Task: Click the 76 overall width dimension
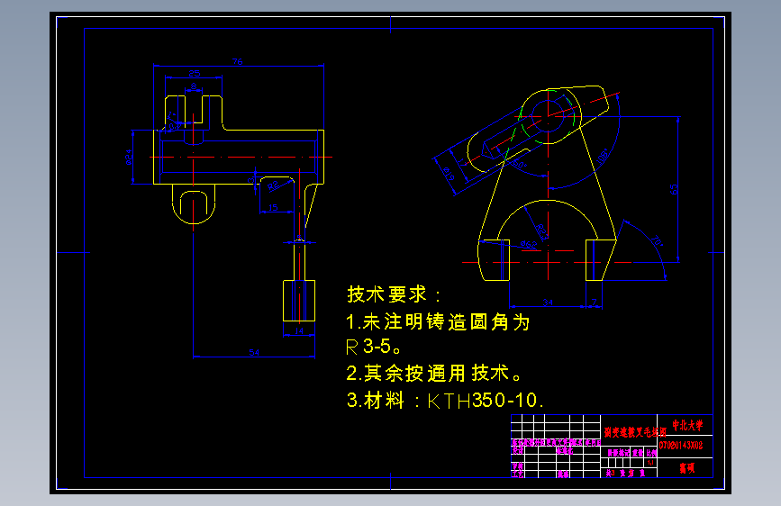pyautogui.click(x=238, y=61)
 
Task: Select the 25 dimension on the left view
pyautogui.click(x=193, y=71)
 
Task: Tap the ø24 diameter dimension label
pyautogui.click(x=130, y=158)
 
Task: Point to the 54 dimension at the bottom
pyautogui.click(x=254, y=352)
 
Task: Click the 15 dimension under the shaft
pyautogui.click(x=273, y=208)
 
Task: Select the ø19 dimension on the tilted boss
pyautogui.click(x=448, y=172)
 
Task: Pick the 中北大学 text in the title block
pyautogui.click(x=686, y=425)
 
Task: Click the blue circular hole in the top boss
pyautogui.click(x=550, y=114)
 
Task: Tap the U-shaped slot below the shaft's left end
pyautogui.click(x=194, y=206)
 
